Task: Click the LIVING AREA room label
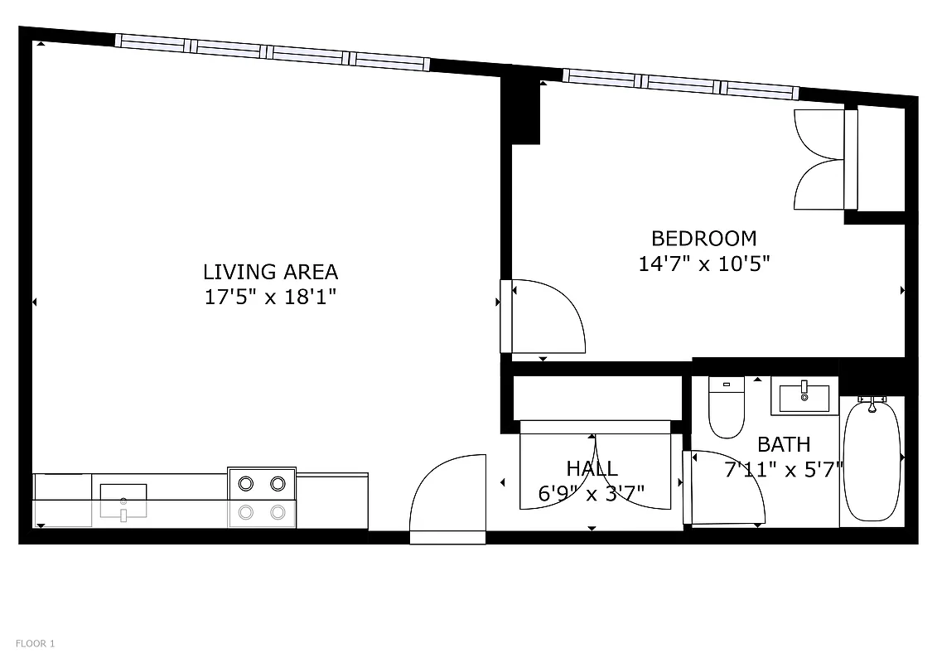point(270,272)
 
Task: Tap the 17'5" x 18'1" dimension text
point(270,297)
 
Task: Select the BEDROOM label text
point(703,239)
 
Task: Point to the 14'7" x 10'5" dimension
point(704,264)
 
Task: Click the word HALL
point(592,469)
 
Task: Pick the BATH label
point(784,445)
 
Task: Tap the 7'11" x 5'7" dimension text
point(784,470)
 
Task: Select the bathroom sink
point(804,395)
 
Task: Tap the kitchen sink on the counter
point(123,501)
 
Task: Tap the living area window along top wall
point(272,51)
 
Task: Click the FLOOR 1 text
point(35,643)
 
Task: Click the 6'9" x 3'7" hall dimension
point(592,495)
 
